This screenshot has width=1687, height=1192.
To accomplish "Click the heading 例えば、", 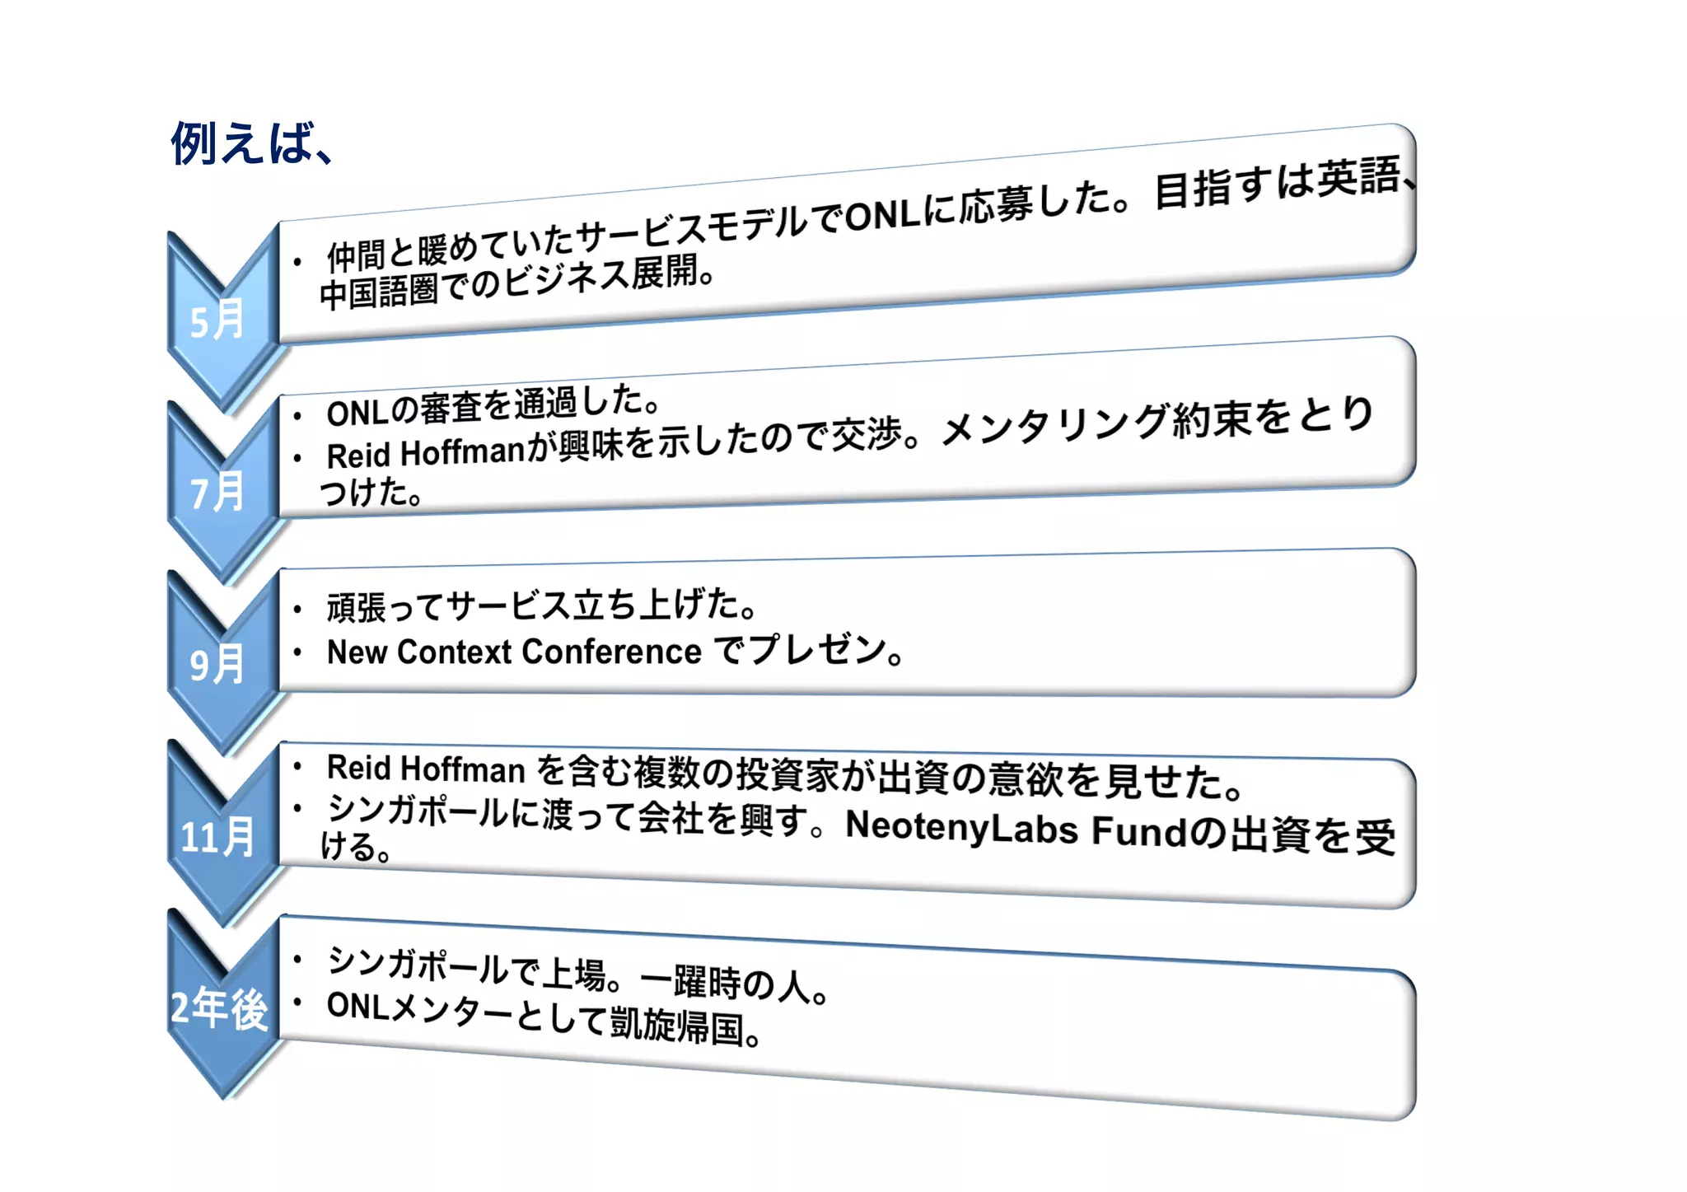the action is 251,144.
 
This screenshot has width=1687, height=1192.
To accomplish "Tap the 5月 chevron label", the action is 217,320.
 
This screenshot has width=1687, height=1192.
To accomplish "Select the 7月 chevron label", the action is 217,493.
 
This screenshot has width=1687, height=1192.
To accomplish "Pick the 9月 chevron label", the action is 217,664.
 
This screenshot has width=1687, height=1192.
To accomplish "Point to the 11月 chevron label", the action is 217,837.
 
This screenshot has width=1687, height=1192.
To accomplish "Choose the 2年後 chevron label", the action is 219,1008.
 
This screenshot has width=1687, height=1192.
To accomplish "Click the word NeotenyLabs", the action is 960,827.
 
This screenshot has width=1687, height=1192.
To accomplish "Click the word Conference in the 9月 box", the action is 611,652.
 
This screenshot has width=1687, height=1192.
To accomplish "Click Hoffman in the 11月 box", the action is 463,769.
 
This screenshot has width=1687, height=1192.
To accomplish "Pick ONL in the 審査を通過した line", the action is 357,413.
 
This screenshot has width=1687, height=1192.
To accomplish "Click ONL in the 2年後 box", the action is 357,1005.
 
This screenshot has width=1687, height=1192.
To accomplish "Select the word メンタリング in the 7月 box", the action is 1054,425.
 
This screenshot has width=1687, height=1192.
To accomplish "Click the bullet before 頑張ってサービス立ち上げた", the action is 298,610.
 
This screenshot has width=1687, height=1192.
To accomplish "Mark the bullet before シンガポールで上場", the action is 298,959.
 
